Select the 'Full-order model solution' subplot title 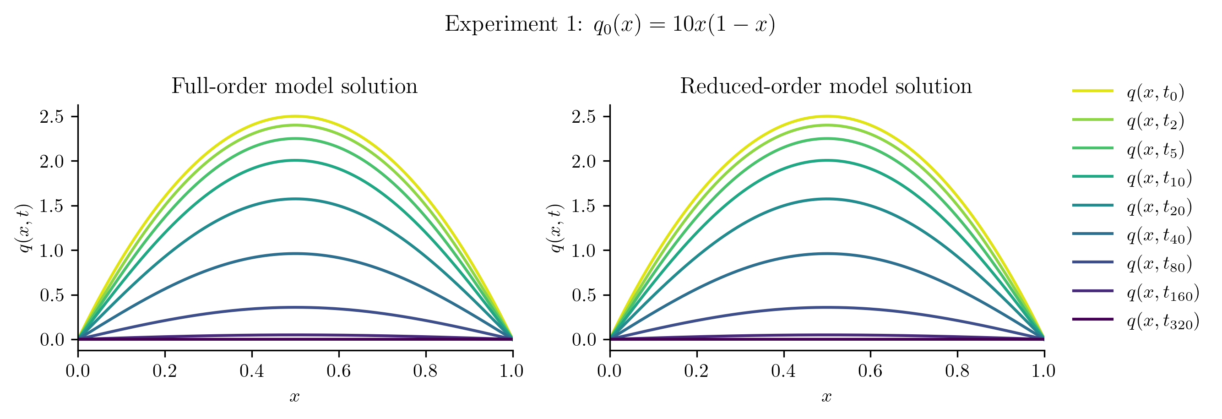coord(294,87)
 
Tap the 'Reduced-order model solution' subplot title coord(826,87)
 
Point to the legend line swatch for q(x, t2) coord(1092,120)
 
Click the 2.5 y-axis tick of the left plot coord(52,117)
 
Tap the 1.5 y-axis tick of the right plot coord(583,206)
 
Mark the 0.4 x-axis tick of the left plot coord(251,371)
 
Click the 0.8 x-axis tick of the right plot coord(957,371)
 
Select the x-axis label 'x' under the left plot coord(294,397)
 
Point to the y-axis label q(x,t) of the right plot coord(555,228)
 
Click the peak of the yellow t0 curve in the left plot coord(294,116)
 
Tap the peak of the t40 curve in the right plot coord(826,253)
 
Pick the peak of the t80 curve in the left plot coord(294,307)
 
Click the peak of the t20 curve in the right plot coord(826,199)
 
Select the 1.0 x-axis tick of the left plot coord(512,371)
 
